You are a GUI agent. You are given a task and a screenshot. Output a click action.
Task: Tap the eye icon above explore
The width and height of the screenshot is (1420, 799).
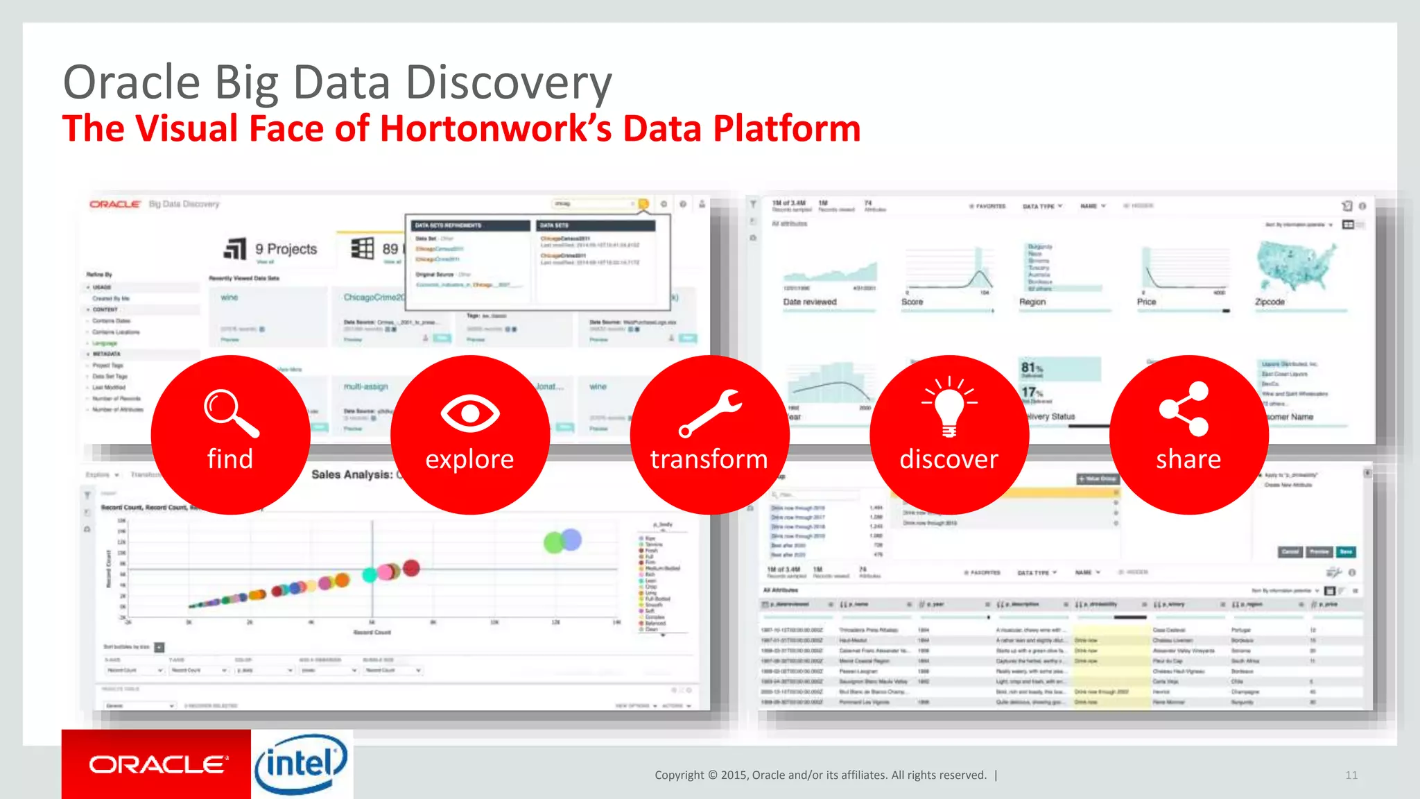pos(470,413)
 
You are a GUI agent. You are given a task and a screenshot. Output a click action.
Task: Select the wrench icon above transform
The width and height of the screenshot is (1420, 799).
pos(709,413)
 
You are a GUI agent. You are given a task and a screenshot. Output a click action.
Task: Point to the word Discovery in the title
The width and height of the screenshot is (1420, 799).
pos(508,83)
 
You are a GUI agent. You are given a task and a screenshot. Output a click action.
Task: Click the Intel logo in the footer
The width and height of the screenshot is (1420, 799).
pos(301,764)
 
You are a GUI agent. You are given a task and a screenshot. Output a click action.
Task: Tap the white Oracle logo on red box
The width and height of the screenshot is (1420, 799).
pos(157,764)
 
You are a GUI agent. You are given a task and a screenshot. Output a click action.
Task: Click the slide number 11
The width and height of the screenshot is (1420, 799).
pos(1351,775)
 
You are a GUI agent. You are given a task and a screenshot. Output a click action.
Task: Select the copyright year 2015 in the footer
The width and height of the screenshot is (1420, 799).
pos(734,775)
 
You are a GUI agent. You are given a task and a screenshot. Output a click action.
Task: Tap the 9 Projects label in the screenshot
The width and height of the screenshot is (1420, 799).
pos(286,249)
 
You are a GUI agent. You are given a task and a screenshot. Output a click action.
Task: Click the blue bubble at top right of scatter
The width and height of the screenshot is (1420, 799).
pos(571,539)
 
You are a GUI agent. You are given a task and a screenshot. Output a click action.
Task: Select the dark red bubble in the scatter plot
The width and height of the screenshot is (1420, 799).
pos(411,568)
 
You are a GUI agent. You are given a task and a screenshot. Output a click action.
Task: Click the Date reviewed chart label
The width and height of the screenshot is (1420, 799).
pos(810,302)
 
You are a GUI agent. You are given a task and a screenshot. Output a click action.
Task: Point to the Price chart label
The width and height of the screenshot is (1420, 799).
pos(1146,302)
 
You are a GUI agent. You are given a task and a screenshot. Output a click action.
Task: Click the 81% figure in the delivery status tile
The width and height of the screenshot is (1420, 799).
pos(1031,368)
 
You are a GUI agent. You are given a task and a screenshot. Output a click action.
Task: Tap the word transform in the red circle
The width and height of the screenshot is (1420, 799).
pos(709,459)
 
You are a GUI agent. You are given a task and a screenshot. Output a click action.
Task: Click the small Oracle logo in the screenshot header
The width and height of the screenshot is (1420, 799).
pos(114,204)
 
